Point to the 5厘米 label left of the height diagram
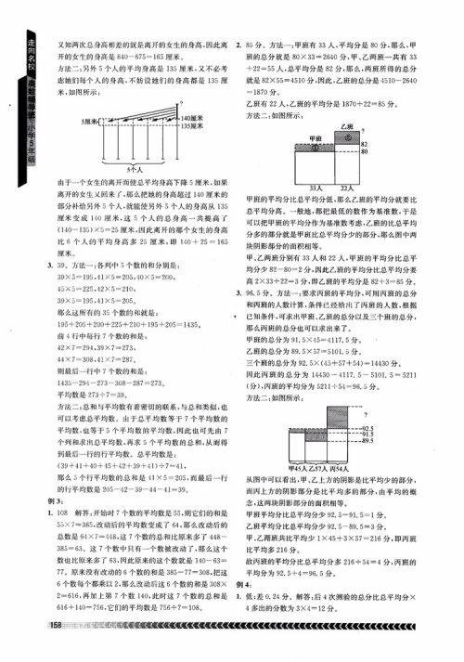(x=91, y=122)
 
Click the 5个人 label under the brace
(x=135, y=171)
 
